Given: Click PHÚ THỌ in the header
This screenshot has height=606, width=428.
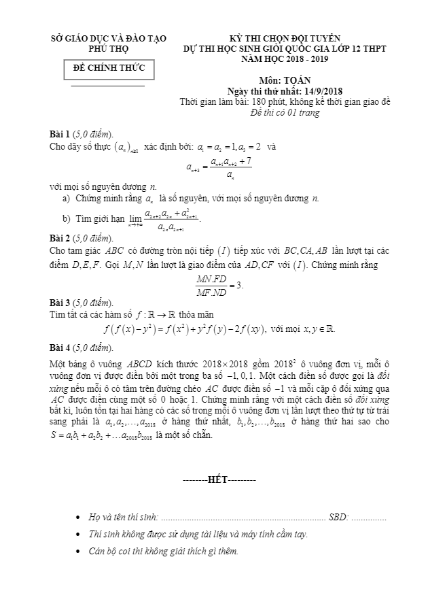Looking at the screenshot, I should click(x=109, y=49).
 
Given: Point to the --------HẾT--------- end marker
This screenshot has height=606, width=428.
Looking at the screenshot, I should click(x=220, y=480).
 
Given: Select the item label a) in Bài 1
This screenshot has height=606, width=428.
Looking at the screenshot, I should click(x=66, y=198).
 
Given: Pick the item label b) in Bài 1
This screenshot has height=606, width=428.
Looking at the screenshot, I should click(x=66, y=218).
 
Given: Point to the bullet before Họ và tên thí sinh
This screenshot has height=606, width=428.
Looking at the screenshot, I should click(x=81, y=518).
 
